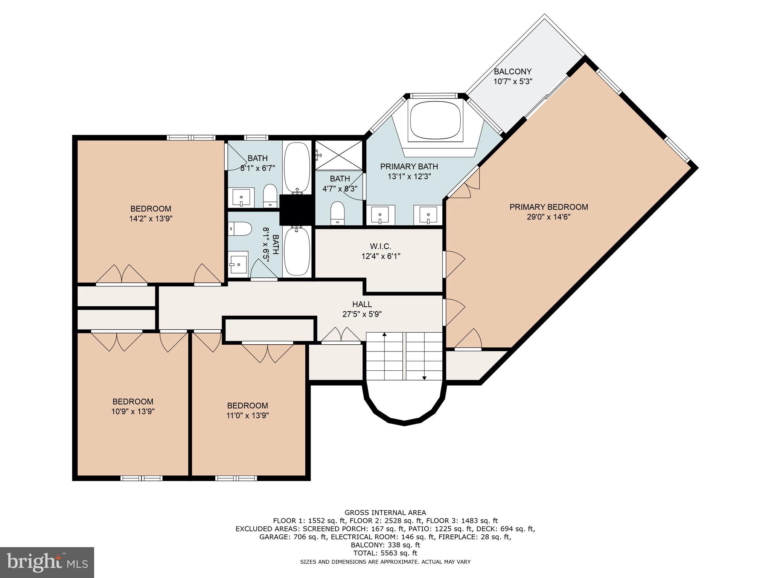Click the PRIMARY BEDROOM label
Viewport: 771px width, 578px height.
[549, 207]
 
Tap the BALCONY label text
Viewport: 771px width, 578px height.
[512, 71]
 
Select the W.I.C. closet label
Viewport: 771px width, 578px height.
[381, 246]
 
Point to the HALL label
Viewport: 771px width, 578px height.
[362, 304]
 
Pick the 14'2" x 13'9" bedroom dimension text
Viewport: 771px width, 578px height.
[151, 219]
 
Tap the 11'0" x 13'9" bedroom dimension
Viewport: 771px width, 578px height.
[247, 416]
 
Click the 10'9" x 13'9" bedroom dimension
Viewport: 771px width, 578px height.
[133, 412]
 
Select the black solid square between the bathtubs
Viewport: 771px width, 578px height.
[296, 210]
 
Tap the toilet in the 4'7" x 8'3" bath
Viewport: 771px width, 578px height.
[337, 213]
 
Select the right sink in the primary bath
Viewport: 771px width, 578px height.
[428, 215]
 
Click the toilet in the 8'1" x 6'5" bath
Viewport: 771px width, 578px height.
[240, 228]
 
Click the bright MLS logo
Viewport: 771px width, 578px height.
[47, 562]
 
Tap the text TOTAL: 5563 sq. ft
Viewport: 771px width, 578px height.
[385, 553]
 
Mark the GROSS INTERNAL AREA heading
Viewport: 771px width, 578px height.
[385, 513]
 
